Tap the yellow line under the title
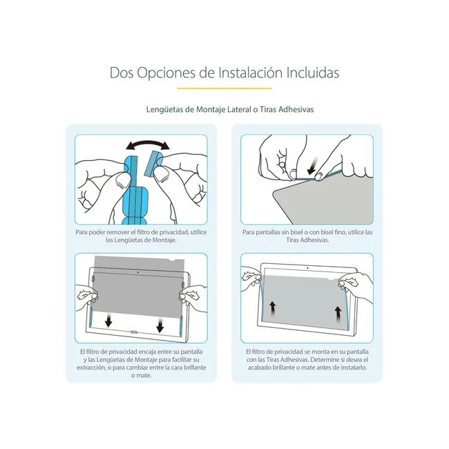[x=224, y=88]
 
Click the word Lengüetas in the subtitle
[x=165, y=110]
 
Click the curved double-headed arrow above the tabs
[x=148, y=143]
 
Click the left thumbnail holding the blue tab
[x=122, y=181]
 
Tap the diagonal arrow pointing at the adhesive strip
[x=313, y=166]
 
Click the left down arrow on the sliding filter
[x=108, y=321]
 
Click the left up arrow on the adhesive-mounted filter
[x=272, y=308]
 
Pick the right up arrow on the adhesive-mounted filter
[x=338, y=314]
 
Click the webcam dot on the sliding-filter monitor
[x=138, y=272]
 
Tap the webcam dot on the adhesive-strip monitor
[x=307, y=268]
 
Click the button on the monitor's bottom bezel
[x=134, y=332]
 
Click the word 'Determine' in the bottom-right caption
[x=325, y=360]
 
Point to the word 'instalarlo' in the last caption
[x=354, y=367]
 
